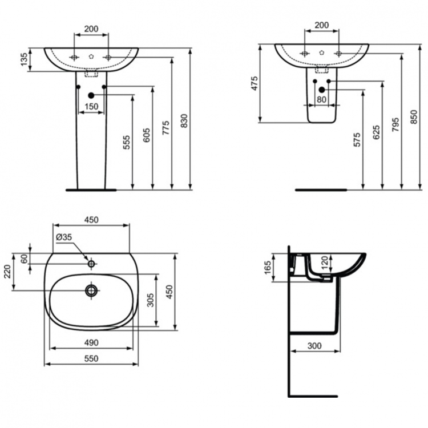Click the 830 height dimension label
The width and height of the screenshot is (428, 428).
(184, 120)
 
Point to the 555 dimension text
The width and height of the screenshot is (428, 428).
(126, 142)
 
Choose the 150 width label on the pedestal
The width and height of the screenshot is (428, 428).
(91, 107)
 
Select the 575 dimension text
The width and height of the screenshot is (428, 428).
(357, 140)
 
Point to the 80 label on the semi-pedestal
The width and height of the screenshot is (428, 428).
(321, 99)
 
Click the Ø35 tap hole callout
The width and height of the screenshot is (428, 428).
(63, 237)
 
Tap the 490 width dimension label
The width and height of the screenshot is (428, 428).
(91, 342)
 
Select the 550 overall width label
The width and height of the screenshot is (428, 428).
(91, 358)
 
